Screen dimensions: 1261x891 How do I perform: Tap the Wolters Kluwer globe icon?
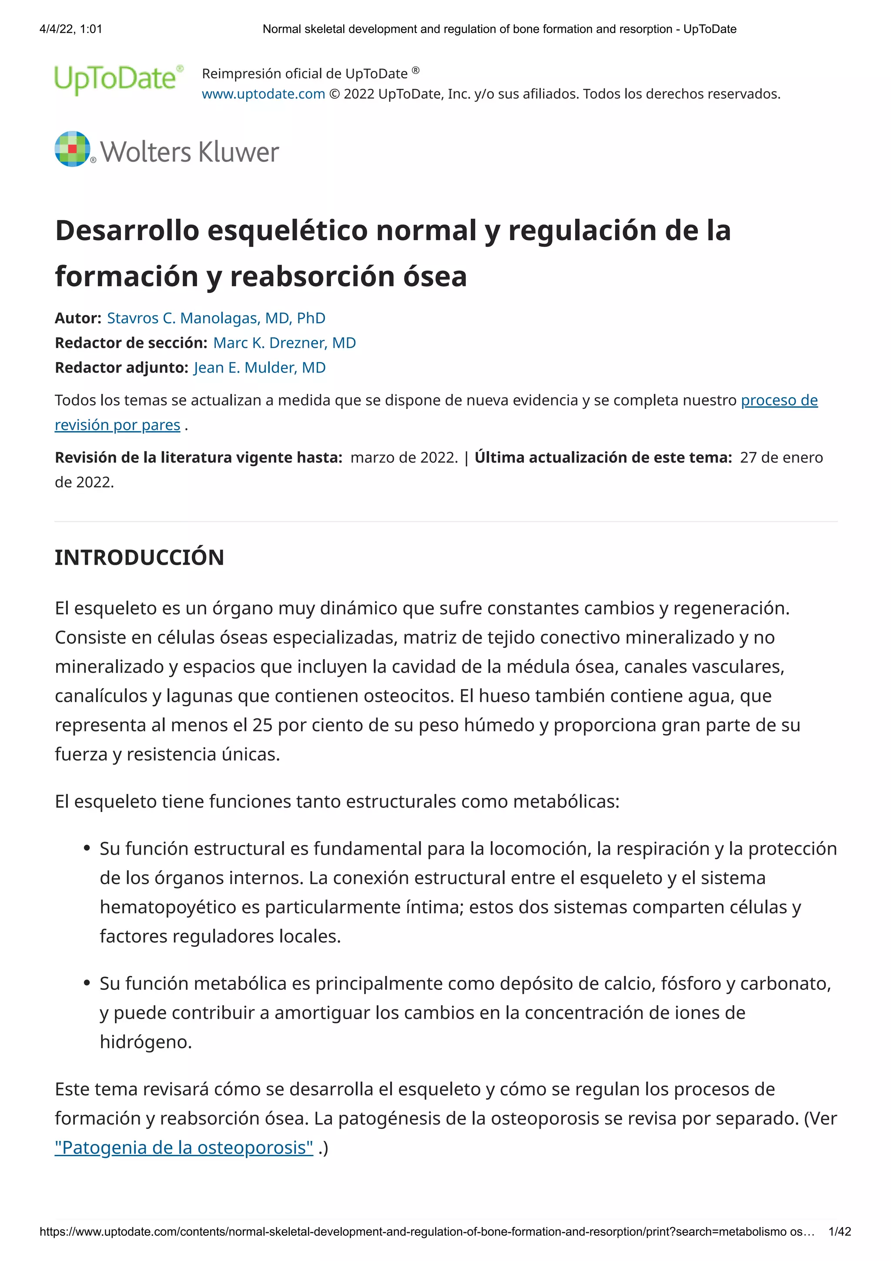[x=72, y=149]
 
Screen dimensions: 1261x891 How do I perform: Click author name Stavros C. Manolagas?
[x=216, y=318]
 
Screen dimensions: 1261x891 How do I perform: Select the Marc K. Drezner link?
[x=285, y=343]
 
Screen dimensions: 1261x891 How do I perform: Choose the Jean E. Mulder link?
[x=259, y=367]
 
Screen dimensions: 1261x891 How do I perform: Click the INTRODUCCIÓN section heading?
[x=140, y=557]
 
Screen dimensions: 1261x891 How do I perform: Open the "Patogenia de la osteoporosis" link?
[x=184, y=1147]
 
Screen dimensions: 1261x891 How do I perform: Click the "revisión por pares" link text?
[x=117, y=425]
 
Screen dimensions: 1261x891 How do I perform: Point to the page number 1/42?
[x=839, y=1232]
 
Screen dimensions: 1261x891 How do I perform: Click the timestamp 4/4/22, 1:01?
[x=71, y=29]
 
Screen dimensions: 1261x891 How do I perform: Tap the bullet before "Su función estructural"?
[x=87, y=848]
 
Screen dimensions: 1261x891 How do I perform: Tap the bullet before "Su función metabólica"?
[x=87, y=983]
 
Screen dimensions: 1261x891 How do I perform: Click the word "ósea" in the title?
[x=434, y=276]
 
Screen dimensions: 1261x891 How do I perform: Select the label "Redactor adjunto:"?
[x=121, y=367]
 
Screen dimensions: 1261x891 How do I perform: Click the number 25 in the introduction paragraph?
[x=262, y=725]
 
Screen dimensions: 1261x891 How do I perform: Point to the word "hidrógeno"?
[x=145, y=1041]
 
